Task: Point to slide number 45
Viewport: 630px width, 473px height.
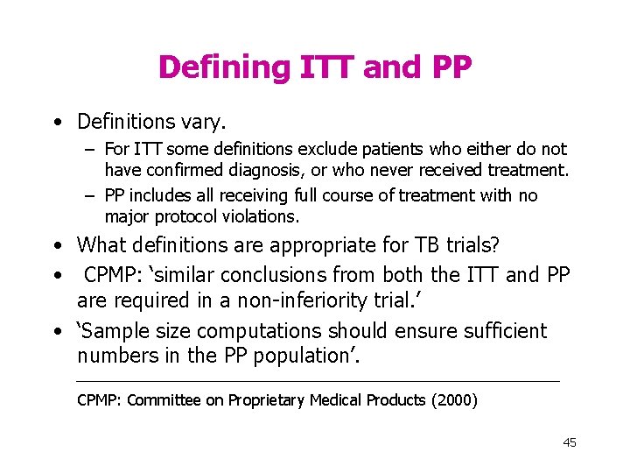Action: tap(570, 442)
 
